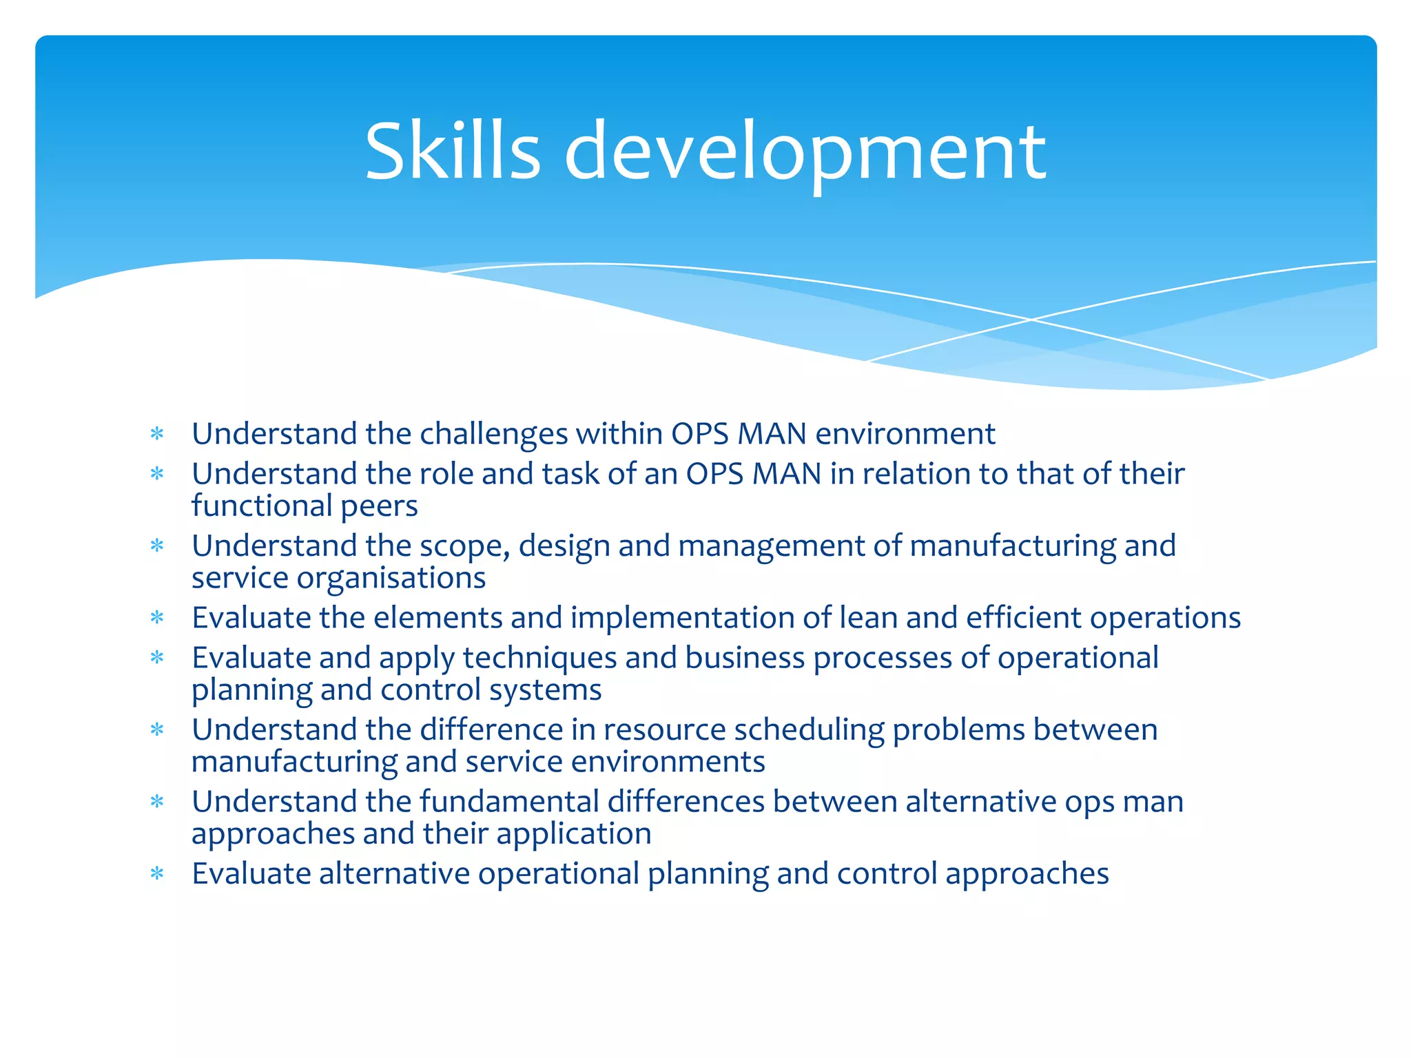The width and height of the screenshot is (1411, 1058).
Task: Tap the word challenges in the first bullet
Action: coord(493,434)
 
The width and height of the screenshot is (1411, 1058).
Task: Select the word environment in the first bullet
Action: coord(905,434)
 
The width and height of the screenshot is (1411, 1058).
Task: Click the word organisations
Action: coord(391,578)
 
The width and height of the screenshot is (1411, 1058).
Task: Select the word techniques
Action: coord(539,658)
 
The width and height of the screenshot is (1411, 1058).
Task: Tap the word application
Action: coord(573,834)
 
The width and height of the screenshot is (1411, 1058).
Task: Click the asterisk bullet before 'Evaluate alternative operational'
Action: coord(157,873)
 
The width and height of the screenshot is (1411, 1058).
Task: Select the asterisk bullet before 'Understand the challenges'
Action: coord(157,434)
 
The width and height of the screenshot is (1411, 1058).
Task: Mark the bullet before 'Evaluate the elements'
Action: coord(157,617)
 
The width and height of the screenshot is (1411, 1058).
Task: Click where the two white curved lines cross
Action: coord(1031,320)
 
